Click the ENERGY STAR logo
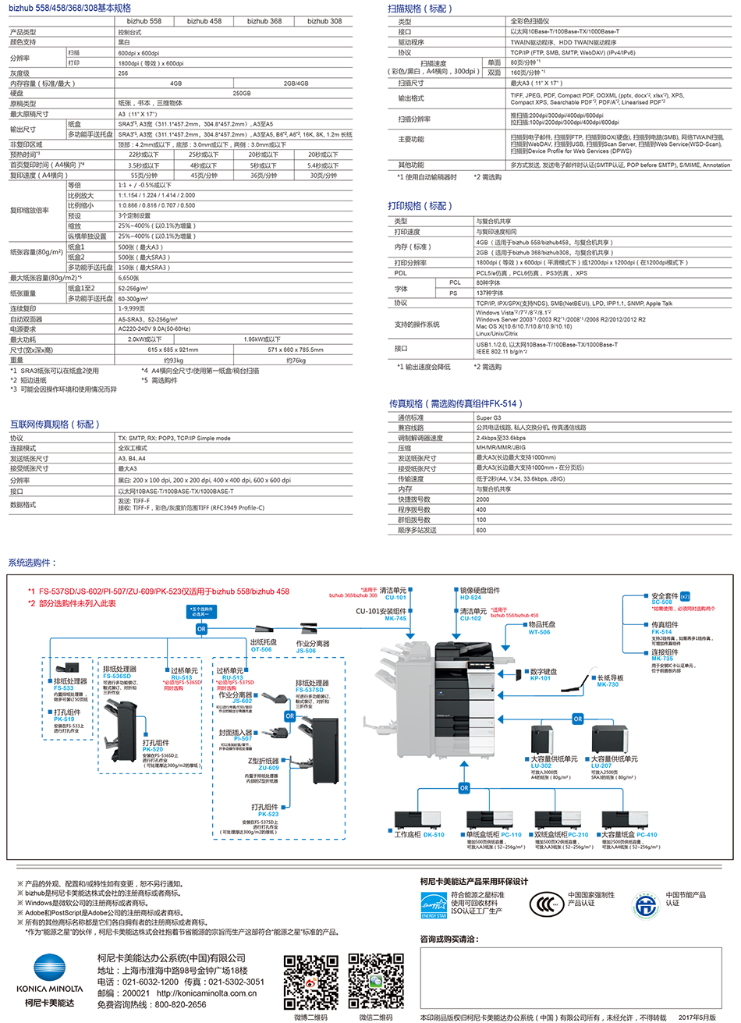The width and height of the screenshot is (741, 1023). click(x=434, y=904)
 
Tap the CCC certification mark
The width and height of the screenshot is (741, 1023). click(x=542, y=904)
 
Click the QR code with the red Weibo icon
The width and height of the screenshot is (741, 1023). click(x=310, y=982)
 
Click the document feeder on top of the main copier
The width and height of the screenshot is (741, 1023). click(x=460, y=650)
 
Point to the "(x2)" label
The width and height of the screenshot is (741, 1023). click(x=685, y=597)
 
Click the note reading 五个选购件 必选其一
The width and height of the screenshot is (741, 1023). click(x=201, y=611)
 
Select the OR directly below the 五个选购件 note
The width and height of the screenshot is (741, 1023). click(x=201, y=628)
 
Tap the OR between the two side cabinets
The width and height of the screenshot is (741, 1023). click(x=577, y=719)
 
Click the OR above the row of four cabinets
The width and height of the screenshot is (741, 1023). click(x=464, y=788)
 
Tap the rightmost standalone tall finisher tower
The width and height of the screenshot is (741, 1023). click(x=323, y=749)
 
